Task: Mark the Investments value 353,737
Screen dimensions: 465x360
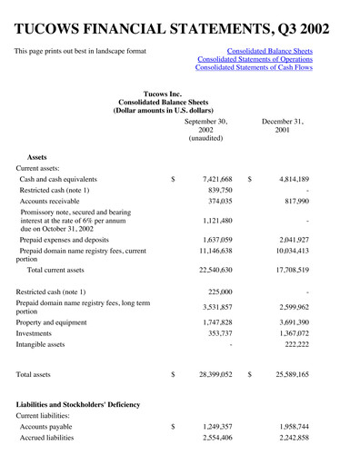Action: tap(218, 334)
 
